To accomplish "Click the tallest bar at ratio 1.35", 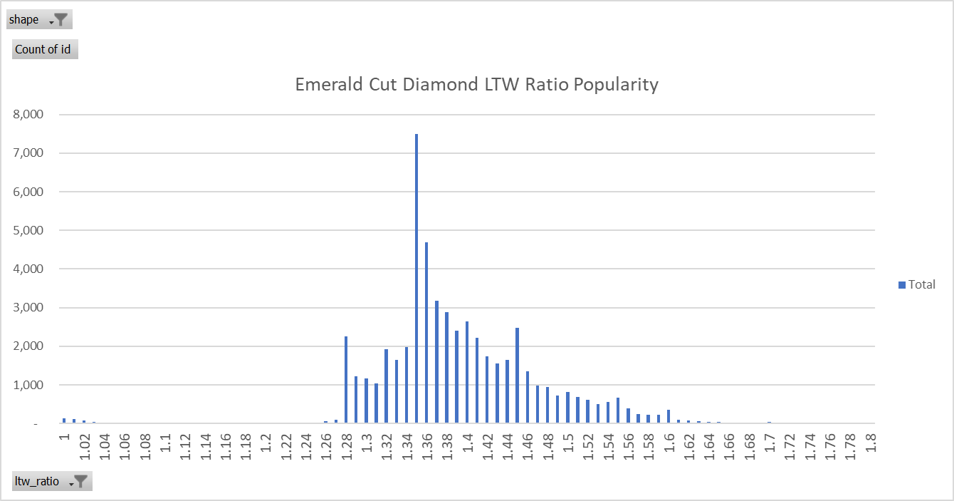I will (416, 278).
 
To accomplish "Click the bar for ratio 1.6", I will (669, 416).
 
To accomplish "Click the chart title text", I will (476, 85).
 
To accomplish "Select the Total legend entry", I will (917, 284).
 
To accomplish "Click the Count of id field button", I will (45, 49).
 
